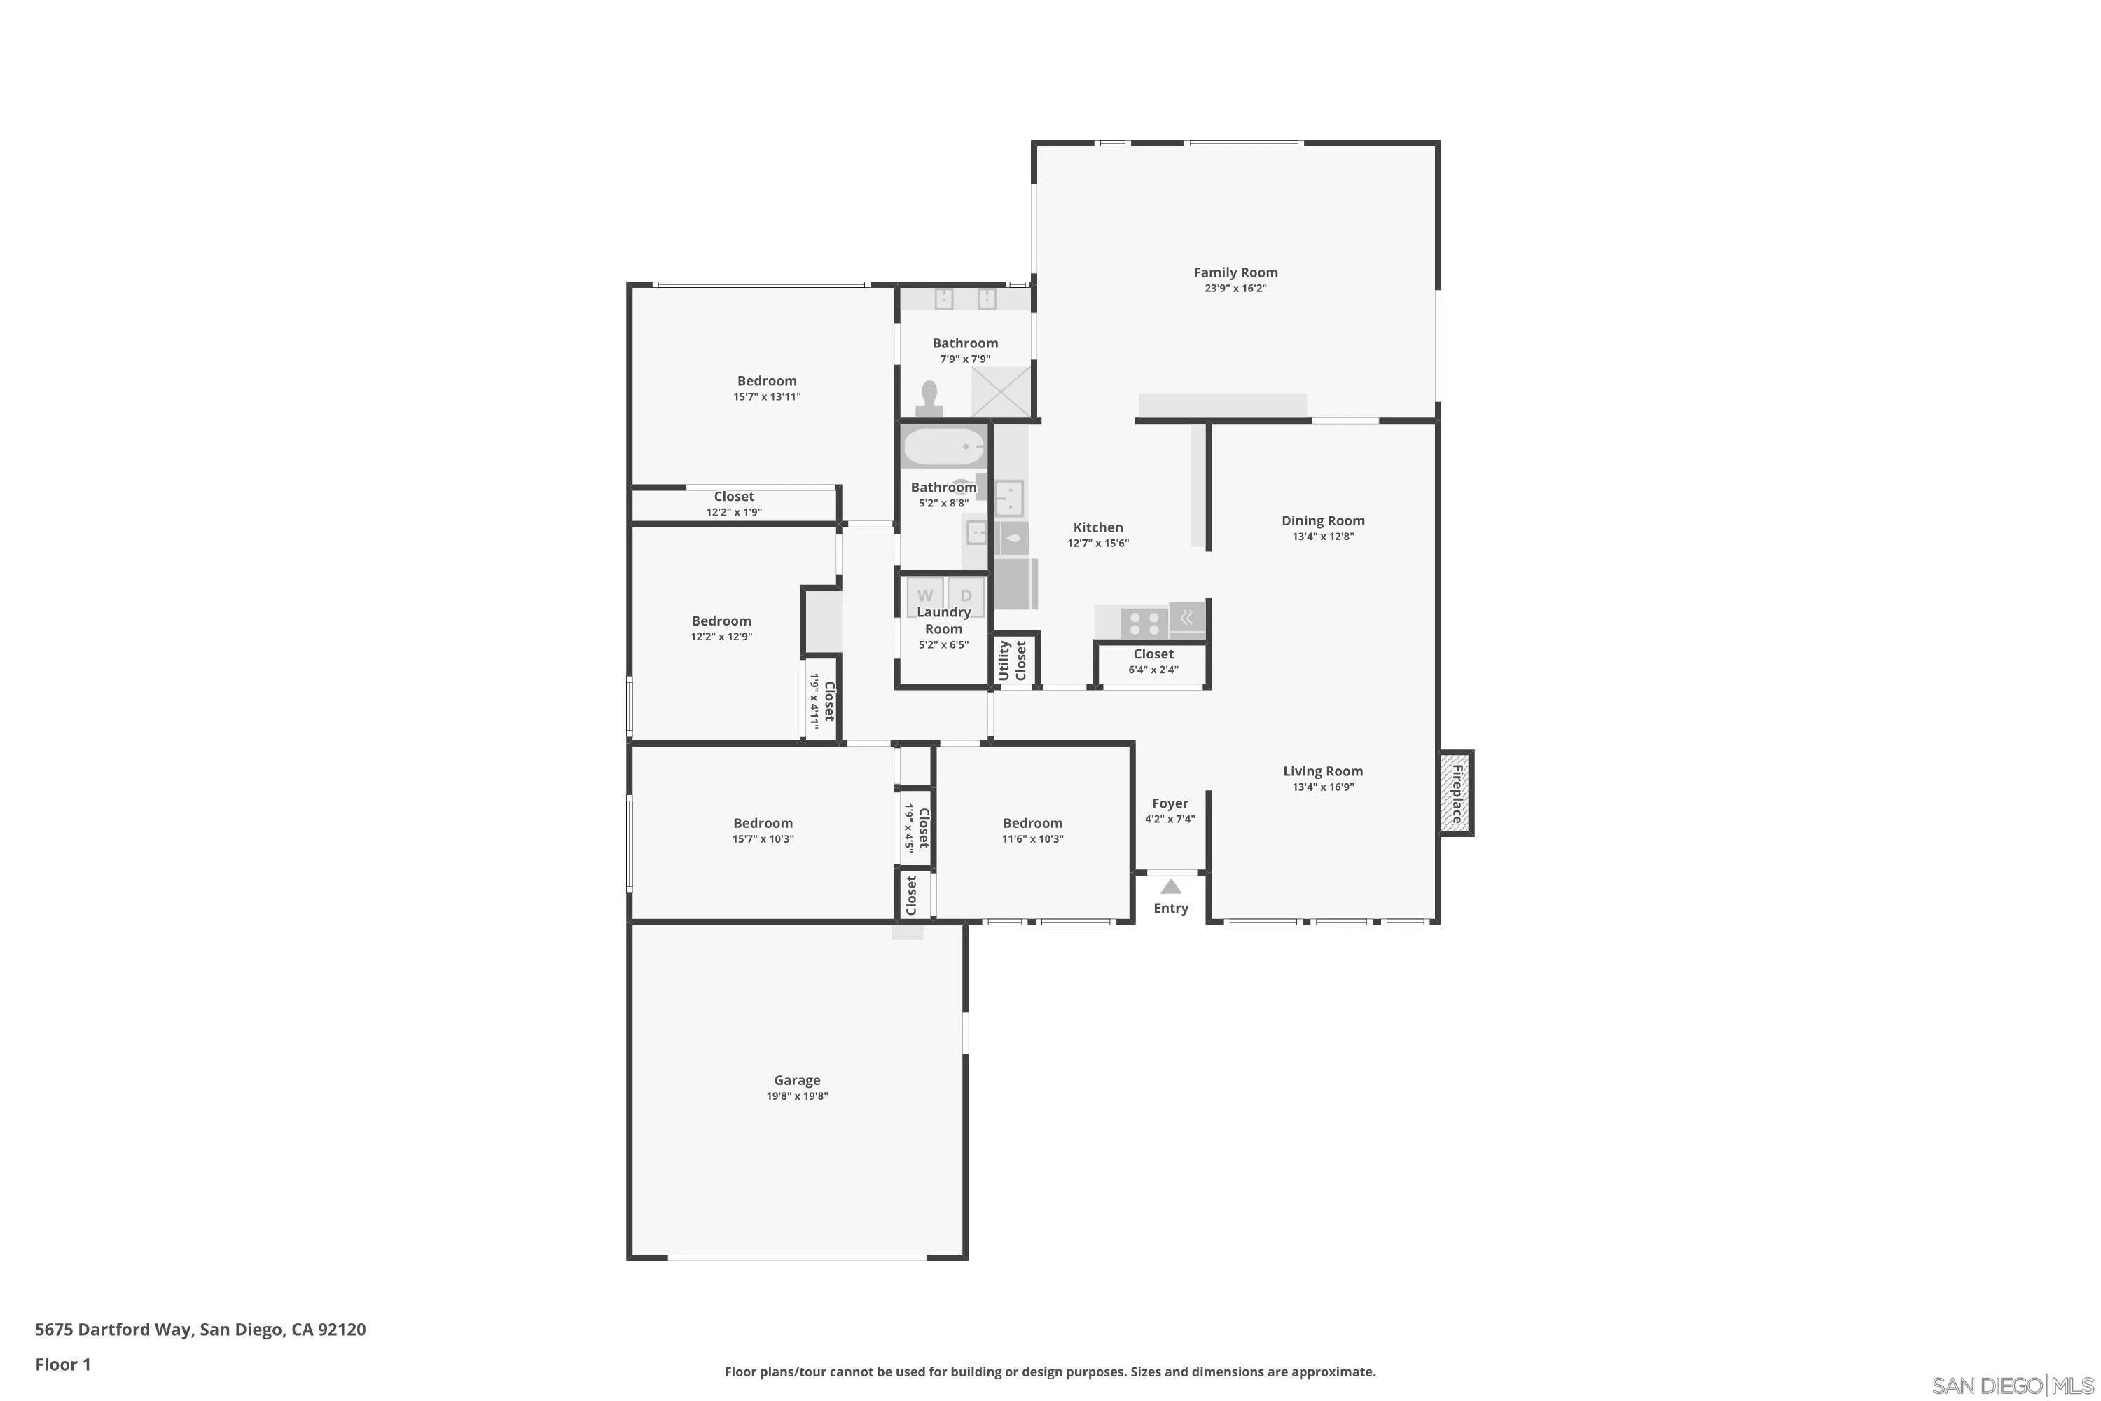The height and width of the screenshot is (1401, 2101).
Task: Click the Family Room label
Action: pos(1235,272)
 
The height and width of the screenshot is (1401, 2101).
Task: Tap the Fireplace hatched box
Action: pos(1455,794)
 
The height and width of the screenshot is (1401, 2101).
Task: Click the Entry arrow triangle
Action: pos(1170,886)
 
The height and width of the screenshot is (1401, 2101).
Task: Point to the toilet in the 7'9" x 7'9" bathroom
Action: pos(930,399)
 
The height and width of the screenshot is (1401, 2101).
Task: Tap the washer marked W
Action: pos(924,595)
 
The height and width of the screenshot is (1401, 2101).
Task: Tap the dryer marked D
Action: pos(966,595)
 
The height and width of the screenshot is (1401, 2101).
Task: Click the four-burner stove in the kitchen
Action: pos(1144,622)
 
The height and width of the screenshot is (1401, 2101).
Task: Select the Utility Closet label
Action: pos(1013,661)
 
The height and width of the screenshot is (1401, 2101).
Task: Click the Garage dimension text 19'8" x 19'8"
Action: pos(797,1096)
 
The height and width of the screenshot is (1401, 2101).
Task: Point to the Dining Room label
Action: pos(1323,521)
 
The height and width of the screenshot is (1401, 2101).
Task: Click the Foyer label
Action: pos(1170,803)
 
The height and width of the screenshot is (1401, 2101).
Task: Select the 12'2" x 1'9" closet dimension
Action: pos(733,512)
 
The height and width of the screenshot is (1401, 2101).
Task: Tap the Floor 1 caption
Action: pos(62,1365)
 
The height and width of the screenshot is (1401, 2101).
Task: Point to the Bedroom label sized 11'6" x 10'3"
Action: pos(1032,823)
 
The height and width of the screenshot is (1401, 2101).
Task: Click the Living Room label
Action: pos(1323,771)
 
